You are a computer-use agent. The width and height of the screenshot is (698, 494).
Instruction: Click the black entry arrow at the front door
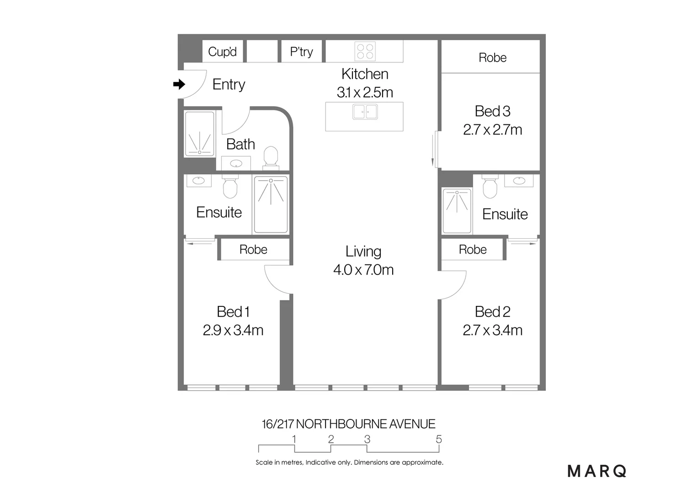[179, 84]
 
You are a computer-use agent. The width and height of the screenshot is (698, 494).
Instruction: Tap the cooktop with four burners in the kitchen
[365, 51]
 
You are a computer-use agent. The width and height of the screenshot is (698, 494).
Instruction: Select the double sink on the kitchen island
[365, 112]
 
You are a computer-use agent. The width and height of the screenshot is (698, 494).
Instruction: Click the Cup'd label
[222, 52]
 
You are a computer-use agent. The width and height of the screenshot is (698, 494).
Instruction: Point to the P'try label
[301, 52]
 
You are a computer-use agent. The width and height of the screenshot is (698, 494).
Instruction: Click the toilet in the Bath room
[271, 156]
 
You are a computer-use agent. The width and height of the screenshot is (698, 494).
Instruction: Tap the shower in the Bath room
[200, 134]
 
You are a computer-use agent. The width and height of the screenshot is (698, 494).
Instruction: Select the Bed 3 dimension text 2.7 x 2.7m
[492, 130]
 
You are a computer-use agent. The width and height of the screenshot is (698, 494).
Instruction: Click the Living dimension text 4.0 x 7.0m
[363, 270]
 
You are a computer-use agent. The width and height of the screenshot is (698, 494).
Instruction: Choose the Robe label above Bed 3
[492, 58]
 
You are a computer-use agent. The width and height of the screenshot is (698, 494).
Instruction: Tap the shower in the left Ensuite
[271, 204]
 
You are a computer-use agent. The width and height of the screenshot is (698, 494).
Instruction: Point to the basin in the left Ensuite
[198, 181]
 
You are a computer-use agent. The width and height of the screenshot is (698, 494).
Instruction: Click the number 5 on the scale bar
[439, 439]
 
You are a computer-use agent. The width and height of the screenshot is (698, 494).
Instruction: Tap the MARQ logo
[597, 471]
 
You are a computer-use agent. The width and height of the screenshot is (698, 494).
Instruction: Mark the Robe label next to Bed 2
[473, 250]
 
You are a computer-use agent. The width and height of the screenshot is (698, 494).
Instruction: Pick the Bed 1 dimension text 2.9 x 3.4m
[233, 330]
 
